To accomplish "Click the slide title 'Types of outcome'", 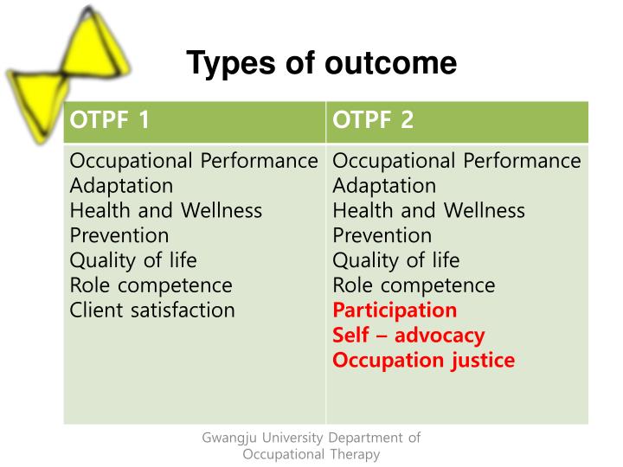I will click(321, 63).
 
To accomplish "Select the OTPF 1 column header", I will click(109, 121).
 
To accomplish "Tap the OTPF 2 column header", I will click(373, 121).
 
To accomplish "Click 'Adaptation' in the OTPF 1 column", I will click(121, 186).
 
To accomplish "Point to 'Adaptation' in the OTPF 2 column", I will click(384, 186).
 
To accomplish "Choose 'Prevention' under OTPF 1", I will click(119, 235).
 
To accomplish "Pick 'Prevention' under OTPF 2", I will click(382, 235).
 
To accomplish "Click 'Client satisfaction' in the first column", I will click(152, 310).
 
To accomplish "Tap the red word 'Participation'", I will click(395, 310).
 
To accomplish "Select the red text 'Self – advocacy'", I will click(408, 335).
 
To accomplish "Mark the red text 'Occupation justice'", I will click(423, 360).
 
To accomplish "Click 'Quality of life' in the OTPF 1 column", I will click(133, 260).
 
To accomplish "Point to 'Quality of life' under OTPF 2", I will click(396, 260).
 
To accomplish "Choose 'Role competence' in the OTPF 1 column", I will click(151, 285).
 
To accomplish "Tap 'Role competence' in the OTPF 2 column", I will click(414, 285).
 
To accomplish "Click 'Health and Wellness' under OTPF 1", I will click(165, 210).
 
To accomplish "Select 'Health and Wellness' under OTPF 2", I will click(428, 210).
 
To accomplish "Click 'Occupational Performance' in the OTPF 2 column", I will click(457, 161).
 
